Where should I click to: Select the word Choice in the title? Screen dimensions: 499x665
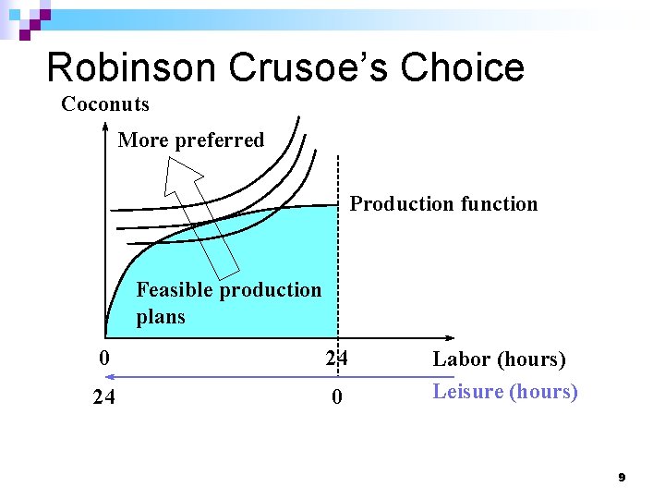[470, 67]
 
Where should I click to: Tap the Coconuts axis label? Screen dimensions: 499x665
[104, 104]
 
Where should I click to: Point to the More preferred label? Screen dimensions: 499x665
[191, 140]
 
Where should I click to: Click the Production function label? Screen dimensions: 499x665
[443, 204]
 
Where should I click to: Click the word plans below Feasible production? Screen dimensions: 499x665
[161, 317]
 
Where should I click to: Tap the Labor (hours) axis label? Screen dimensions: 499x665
[499, 359]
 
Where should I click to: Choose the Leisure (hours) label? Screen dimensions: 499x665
[505, 392]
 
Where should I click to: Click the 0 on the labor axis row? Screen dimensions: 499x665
[105, 358]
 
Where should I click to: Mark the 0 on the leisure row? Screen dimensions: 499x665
[337, 398]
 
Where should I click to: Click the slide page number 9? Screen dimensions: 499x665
[622, 478]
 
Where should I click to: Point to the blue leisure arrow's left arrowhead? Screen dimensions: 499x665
[108, 377]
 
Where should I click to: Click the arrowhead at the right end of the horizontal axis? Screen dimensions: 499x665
[452, 338]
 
